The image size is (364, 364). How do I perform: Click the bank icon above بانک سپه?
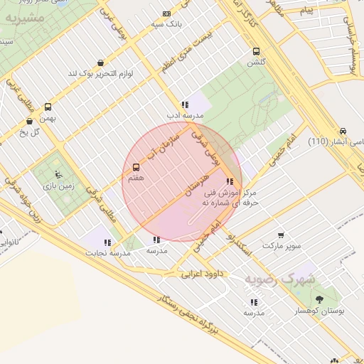point(166,14)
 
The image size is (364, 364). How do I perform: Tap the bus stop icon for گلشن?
point(256,51)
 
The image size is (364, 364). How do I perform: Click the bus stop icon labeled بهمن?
point(48,107)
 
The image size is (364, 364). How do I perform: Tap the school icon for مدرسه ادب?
point(185,105)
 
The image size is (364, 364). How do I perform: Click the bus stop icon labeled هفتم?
point(136,167)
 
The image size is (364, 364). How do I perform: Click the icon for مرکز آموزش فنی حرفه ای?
point(228,181)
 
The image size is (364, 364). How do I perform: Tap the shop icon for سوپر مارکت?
point(281,235)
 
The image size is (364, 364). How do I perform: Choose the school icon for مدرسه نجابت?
point(107,242)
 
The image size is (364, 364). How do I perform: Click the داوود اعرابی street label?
point(202,273)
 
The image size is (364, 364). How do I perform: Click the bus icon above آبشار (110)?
point(343,132)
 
